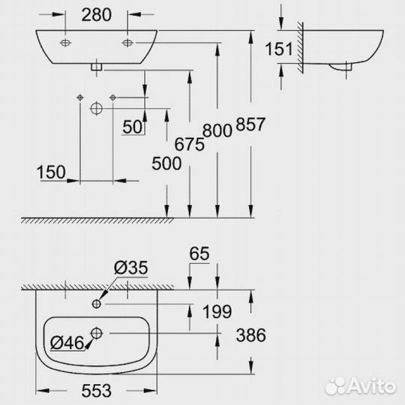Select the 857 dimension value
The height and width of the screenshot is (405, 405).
[x=250, y=126]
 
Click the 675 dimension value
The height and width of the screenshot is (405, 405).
[x=190, y=145]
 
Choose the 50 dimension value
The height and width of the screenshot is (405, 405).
[x=133, y=127]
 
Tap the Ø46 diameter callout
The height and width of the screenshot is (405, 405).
[x=66, y=344]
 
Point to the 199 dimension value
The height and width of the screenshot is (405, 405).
[x=217, y=310]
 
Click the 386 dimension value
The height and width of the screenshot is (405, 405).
[x=250, y=336]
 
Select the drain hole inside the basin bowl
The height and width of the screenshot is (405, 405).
[x=97, y=332]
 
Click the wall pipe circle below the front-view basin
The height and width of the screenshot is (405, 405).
[x=96, y=109]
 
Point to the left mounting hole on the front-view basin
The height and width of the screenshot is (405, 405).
[x=65, y=41]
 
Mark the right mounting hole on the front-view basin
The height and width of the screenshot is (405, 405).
[x=127, y=41]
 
